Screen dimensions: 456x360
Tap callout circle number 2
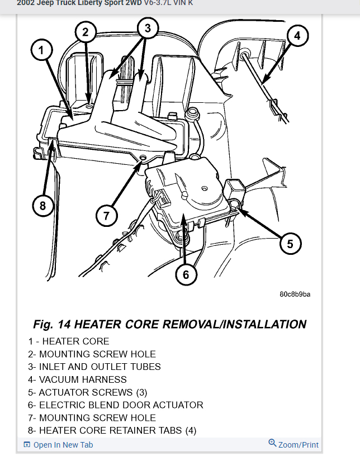[86, 32]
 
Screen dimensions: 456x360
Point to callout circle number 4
[297, 36]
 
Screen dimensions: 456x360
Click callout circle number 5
[290, 244]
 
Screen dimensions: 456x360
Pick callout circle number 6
[186, 274]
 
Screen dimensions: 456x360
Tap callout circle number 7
[106, 215]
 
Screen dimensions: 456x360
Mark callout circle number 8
[42, 206]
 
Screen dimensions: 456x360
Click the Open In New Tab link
[63, 445]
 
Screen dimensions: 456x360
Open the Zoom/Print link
[299, 445]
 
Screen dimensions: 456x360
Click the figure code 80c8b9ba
[295, 294]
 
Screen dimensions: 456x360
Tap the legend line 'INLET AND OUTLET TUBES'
[94, 367]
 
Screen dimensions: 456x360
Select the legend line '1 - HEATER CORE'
[69, 341]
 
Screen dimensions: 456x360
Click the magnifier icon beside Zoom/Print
[272, 443]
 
